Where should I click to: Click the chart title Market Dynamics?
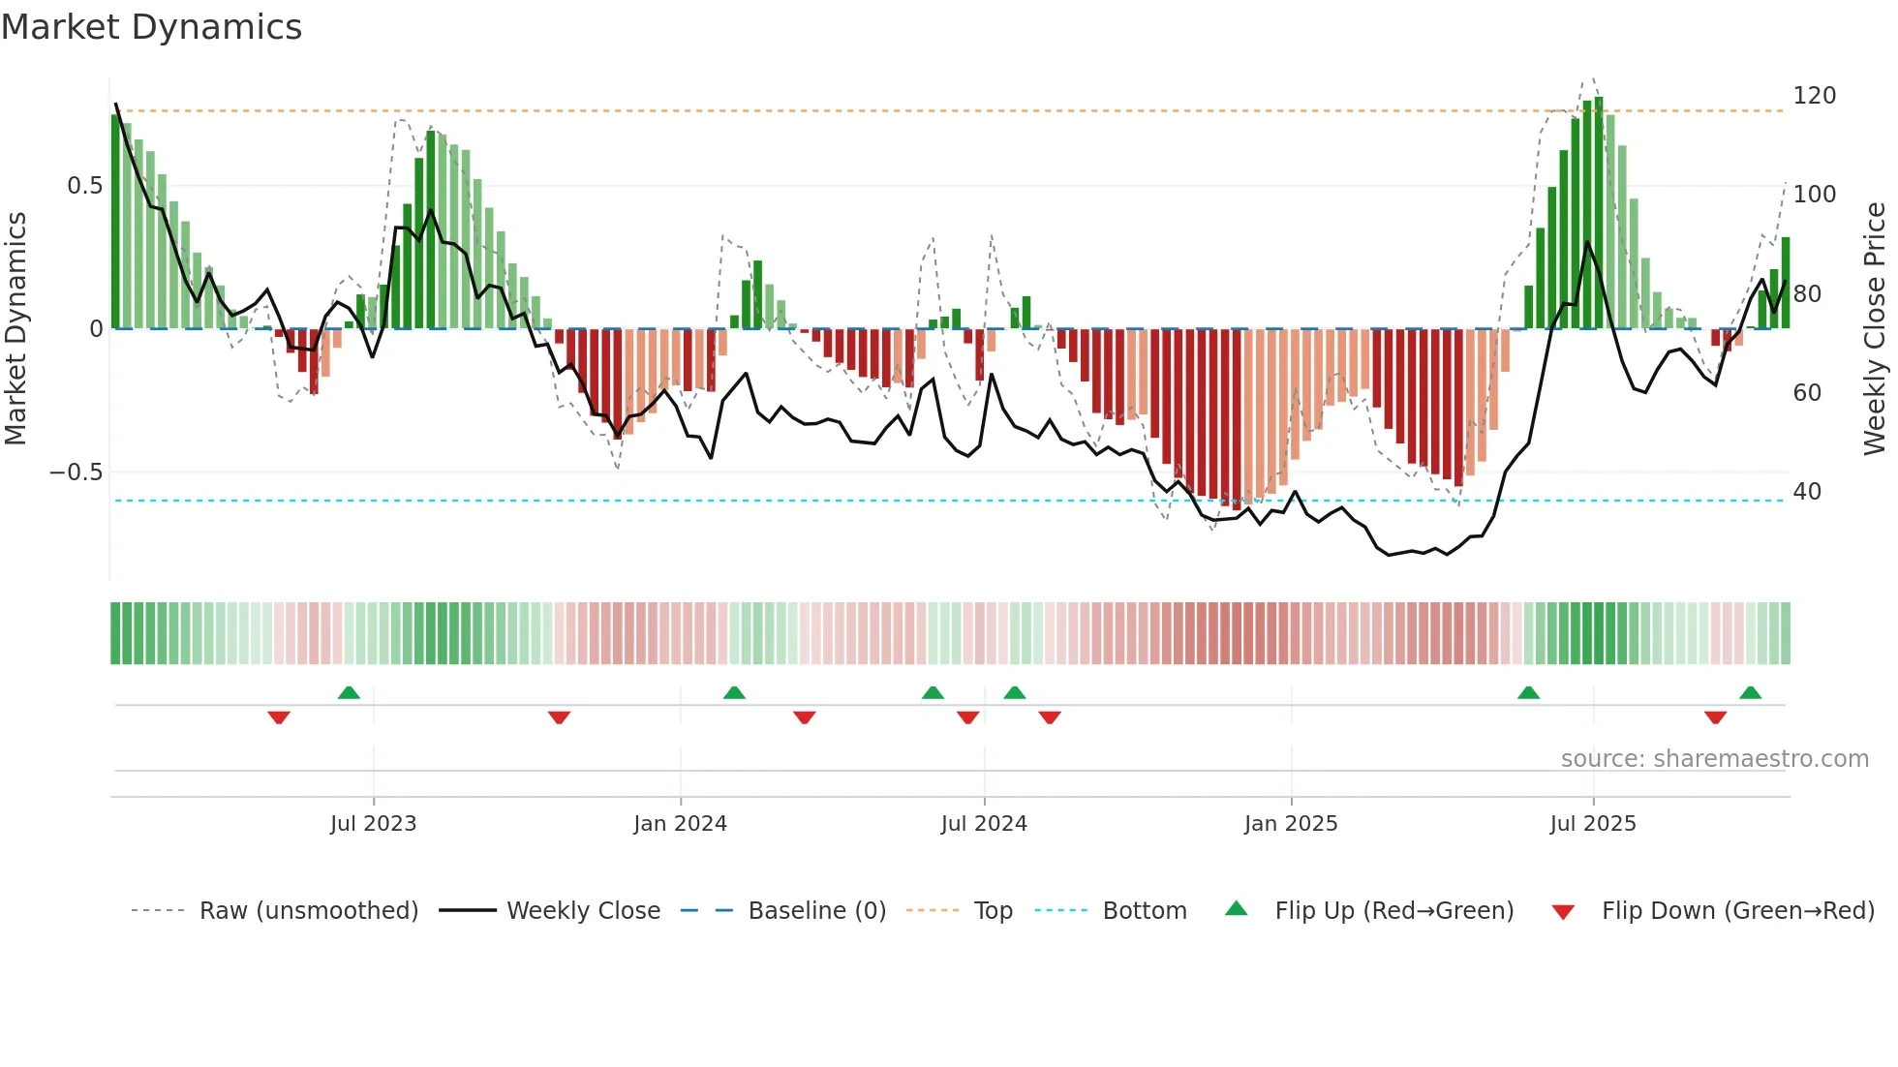click(x=151, y=27)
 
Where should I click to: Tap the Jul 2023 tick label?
click(x=373, y=824)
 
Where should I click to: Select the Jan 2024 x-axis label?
click(x=680, y=824)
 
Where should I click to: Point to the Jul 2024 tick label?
click(x=984, y=824)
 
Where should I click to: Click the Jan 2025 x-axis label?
click(x=1291, y=824)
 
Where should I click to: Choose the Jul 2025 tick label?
click(x=1593, y=824)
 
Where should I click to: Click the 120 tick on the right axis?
click(x=1814, y=96)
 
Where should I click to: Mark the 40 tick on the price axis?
click(x=1807, y=492)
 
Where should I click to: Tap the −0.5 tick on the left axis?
click(x=76, y=473)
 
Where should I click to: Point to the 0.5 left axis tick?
click(x=84, y=186)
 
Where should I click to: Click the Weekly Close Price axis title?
click(x=1875, y=329)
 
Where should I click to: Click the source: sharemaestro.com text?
click(x=1714, y=759)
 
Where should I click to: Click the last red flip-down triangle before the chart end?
click(x=1715, y=717)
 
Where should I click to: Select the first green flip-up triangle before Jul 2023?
click(x=349, y=692)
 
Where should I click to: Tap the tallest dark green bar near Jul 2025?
click(x=1599, y=213)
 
